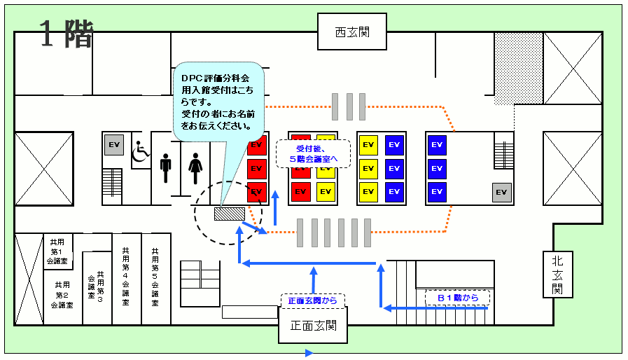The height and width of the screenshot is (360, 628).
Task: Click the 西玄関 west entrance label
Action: tap(351, 32)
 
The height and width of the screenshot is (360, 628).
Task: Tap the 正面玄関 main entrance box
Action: tap(313, 326)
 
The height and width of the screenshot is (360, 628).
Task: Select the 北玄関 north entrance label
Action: tap(557, 273)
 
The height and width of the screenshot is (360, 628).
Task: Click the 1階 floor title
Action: tap(66, 34)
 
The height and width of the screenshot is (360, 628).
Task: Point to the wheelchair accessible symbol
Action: tap(141, 151)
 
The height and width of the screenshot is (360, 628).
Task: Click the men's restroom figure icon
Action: tap(165, 169)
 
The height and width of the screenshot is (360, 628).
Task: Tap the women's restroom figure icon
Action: tap(195, 169)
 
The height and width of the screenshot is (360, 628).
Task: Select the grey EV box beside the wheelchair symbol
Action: tap(114, 146)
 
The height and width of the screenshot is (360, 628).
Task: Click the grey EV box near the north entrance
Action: tap(501, 192)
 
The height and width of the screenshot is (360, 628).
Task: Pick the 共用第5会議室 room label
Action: tap(155, 277)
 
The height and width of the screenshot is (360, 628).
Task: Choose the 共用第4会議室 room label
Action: tap(125, 277)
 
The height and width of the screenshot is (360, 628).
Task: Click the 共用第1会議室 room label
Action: tap(57, 251)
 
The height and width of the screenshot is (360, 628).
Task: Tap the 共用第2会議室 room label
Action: tap(62, 295)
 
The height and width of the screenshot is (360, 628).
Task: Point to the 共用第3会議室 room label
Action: tap(96, 285)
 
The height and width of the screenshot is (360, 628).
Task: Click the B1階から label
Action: tap(457, 298)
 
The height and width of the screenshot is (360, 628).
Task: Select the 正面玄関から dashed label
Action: tap(312, 300)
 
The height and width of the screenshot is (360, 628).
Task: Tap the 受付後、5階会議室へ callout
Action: tap(313, 154)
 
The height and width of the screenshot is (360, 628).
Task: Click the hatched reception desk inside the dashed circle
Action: tap(230, 212)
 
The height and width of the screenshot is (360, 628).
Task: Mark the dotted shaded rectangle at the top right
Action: tap(512, 68)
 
